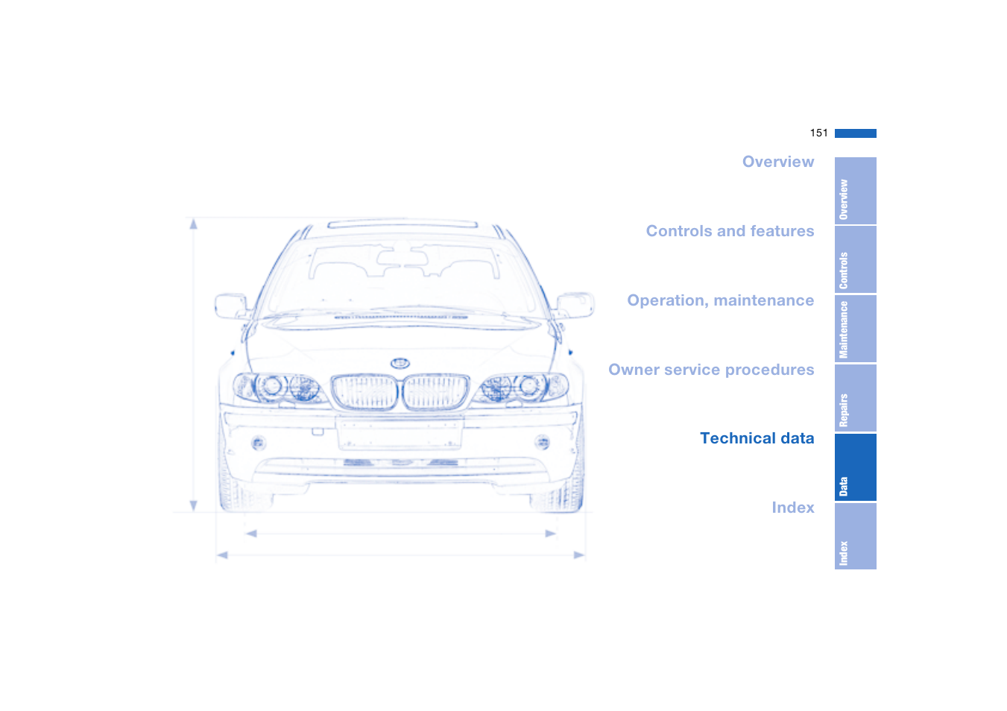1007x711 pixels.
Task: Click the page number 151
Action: [x=818, y=133]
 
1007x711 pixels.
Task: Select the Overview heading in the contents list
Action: [x=777, y=162]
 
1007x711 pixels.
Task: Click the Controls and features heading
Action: [x=730, y=231]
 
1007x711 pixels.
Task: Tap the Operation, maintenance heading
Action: [x=720, y=300]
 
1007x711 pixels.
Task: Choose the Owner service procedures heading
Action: [x=711, y=370]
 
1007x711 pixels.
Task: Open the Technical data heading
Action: [x=757, y=438]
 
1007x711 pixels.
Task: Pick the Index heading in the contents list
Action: [x=792, y=508]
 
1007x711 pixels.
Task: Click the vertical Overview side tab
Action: [x=855, y=191]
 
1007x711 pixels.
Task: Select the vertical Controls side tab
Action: [x=855, y=260]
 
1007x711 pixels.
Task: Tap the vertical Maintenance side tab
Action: [x=855, y=329]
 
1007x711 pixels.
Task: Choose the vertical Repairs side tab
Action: [x=855, y=398]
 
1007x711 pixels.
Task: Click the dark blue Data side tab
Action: [x=855, y=467]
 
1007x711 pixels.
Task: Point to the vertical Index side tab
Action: [x=855, y=537]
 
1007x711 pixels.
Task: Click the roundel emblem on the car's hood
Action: [x=400, y=363]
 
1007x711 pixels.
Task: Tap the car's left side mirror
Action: [x=230, y=306]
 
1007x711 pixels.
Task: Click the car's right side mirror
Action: [x=575, y=304]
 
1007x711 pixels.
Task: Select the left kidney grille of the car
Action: [x=364, y=392]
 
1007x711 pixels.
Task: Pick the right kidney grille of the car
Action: [x=436, y=392]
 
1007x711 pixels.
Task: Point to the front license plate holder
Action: [x=400, y=433]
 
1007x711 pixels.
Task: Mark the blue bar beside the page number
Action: [x=855, y=133]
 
